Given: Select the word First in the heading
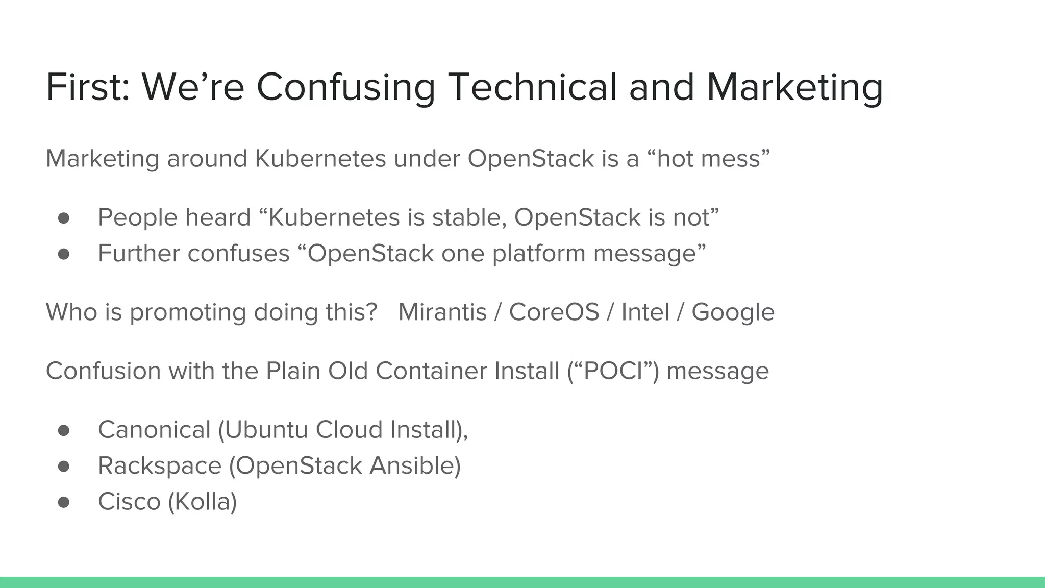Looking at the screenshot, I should coord(86,87).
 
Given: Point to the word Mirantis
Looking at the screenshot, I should coord(442,312).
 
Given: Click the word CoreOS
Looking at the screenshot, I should coord(554,312).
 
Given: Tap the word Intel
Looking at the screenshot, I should coord(645,312).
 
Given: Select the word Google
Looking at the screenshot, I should coord(733,312).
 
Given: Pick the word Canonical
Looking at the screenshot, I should coord(154,430).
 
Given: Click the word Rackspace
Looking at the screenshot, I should coord(160,466).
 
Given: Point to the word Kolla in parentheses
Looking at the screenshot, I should coord(203,502).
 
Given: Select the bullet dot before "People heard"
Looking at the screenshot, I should coord(64,218).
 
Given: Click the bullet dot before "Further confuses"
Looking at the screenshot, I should coord(64,254).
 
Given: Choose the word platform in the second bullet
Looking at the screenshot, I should coord(538,254).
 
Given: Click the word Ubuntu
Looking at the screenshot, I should coord(266,430).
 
